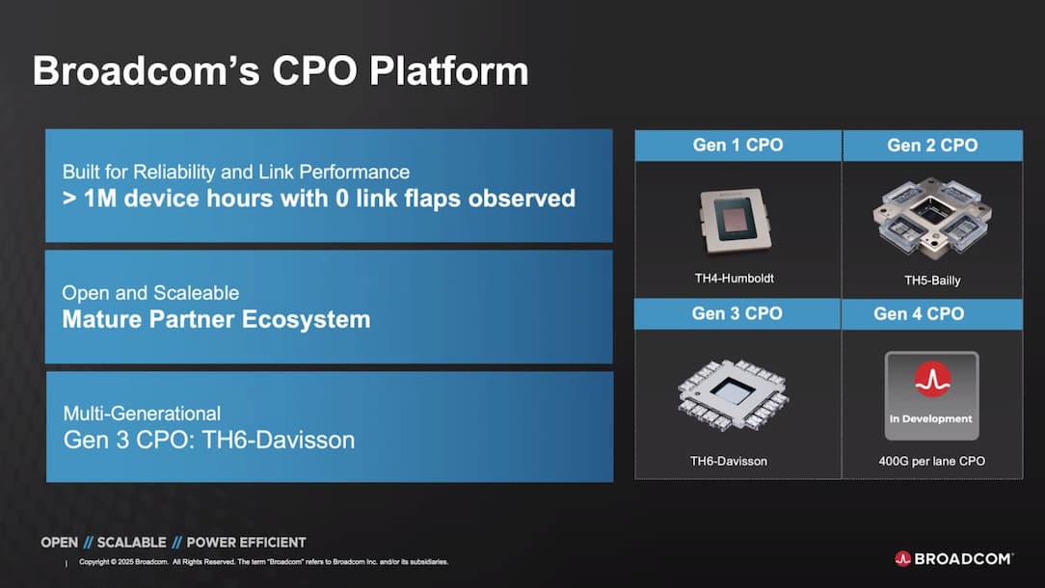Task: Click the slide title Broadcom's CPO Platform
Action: click(x=281, y=70)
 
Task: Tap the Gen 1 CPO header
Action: click(x=737, y=146)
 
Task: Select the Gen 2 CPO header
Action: click(x=932, y=146)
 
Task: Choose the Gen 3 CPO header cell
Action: click(x=737, y=313)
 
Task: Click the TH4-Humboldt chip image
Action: click(x=736, y=221)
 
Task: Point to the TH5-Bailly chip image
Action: click(x=931, y=217)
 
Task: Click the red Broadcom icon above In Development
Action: click(x=932, y=379)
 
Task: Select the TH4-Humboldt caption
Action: click(x=734, y=278)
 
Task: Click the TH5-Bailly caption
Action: click(x=932, y=280)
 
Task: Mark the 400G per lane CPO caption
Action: click(x=931, y=461)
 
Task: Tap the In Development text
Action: click(x=930, y=418)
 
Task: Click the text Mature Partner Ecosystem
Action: click(x=216, y=319)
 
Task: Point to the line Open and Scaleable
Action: click(x=150, y=293)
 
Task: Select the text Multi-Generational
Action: click(x=142, y=414)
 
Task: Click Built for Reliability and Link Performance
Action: click(x=236, y=172)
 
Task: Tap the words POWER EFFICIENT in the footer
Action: click(x=246, y=543)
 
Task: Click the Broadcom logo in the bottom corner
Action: click(x=953, y=559)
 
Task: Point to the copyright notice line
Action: click(x=263, y=562)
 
